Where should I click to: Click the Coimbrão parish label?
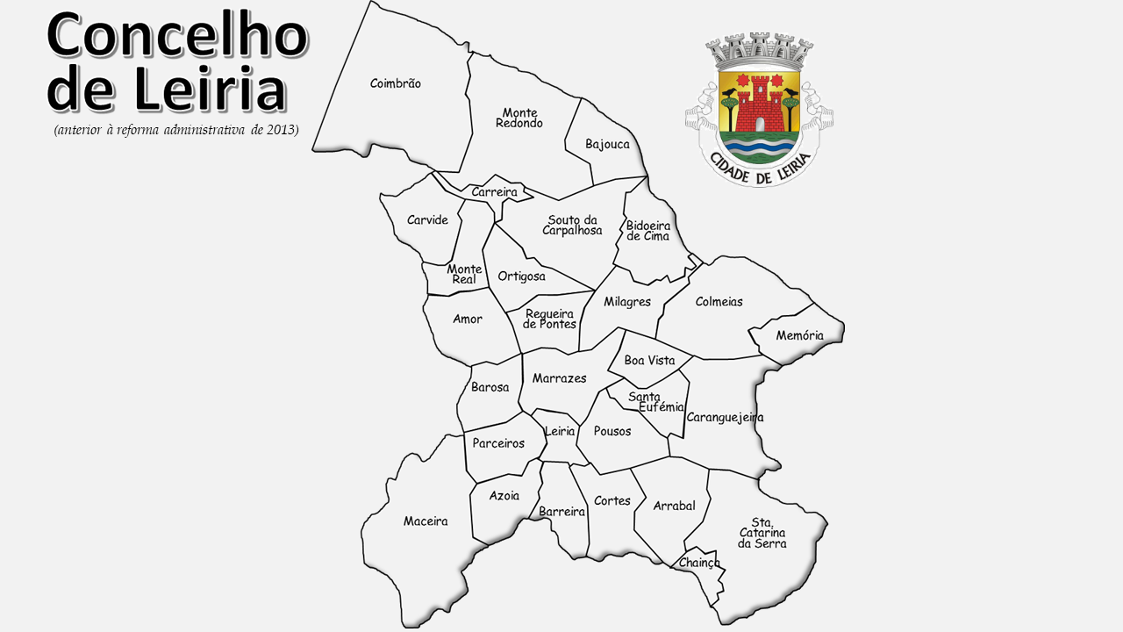(395, 83)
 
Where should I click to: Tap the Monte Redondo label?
(519, 118)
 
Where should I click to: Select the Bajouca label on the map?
(607, 144)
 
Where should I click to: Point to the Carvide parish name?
(427, 220)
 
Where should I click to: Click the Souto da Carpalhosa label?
(572, 225)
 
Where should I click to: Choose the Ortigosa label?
(521, 276)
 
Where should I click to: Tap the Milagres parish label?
(627, 302)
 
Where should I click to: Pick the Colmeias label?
(719, 302)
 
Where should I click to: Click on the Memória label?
(799, 335)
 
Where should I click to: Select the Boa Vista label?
(649, 361)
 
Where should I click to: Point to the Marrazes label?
(559, 378)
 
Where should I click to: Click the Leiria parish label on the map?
(560, 431)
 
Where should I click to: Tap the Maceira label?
(426, 521)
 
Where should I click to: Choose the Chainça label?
(699, 563)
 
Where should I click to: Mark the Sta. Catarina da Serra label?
(762, 532)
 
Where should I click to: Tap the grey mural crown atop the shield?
(759, 51)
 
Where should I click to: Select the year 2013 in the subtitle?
(283, 131)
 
